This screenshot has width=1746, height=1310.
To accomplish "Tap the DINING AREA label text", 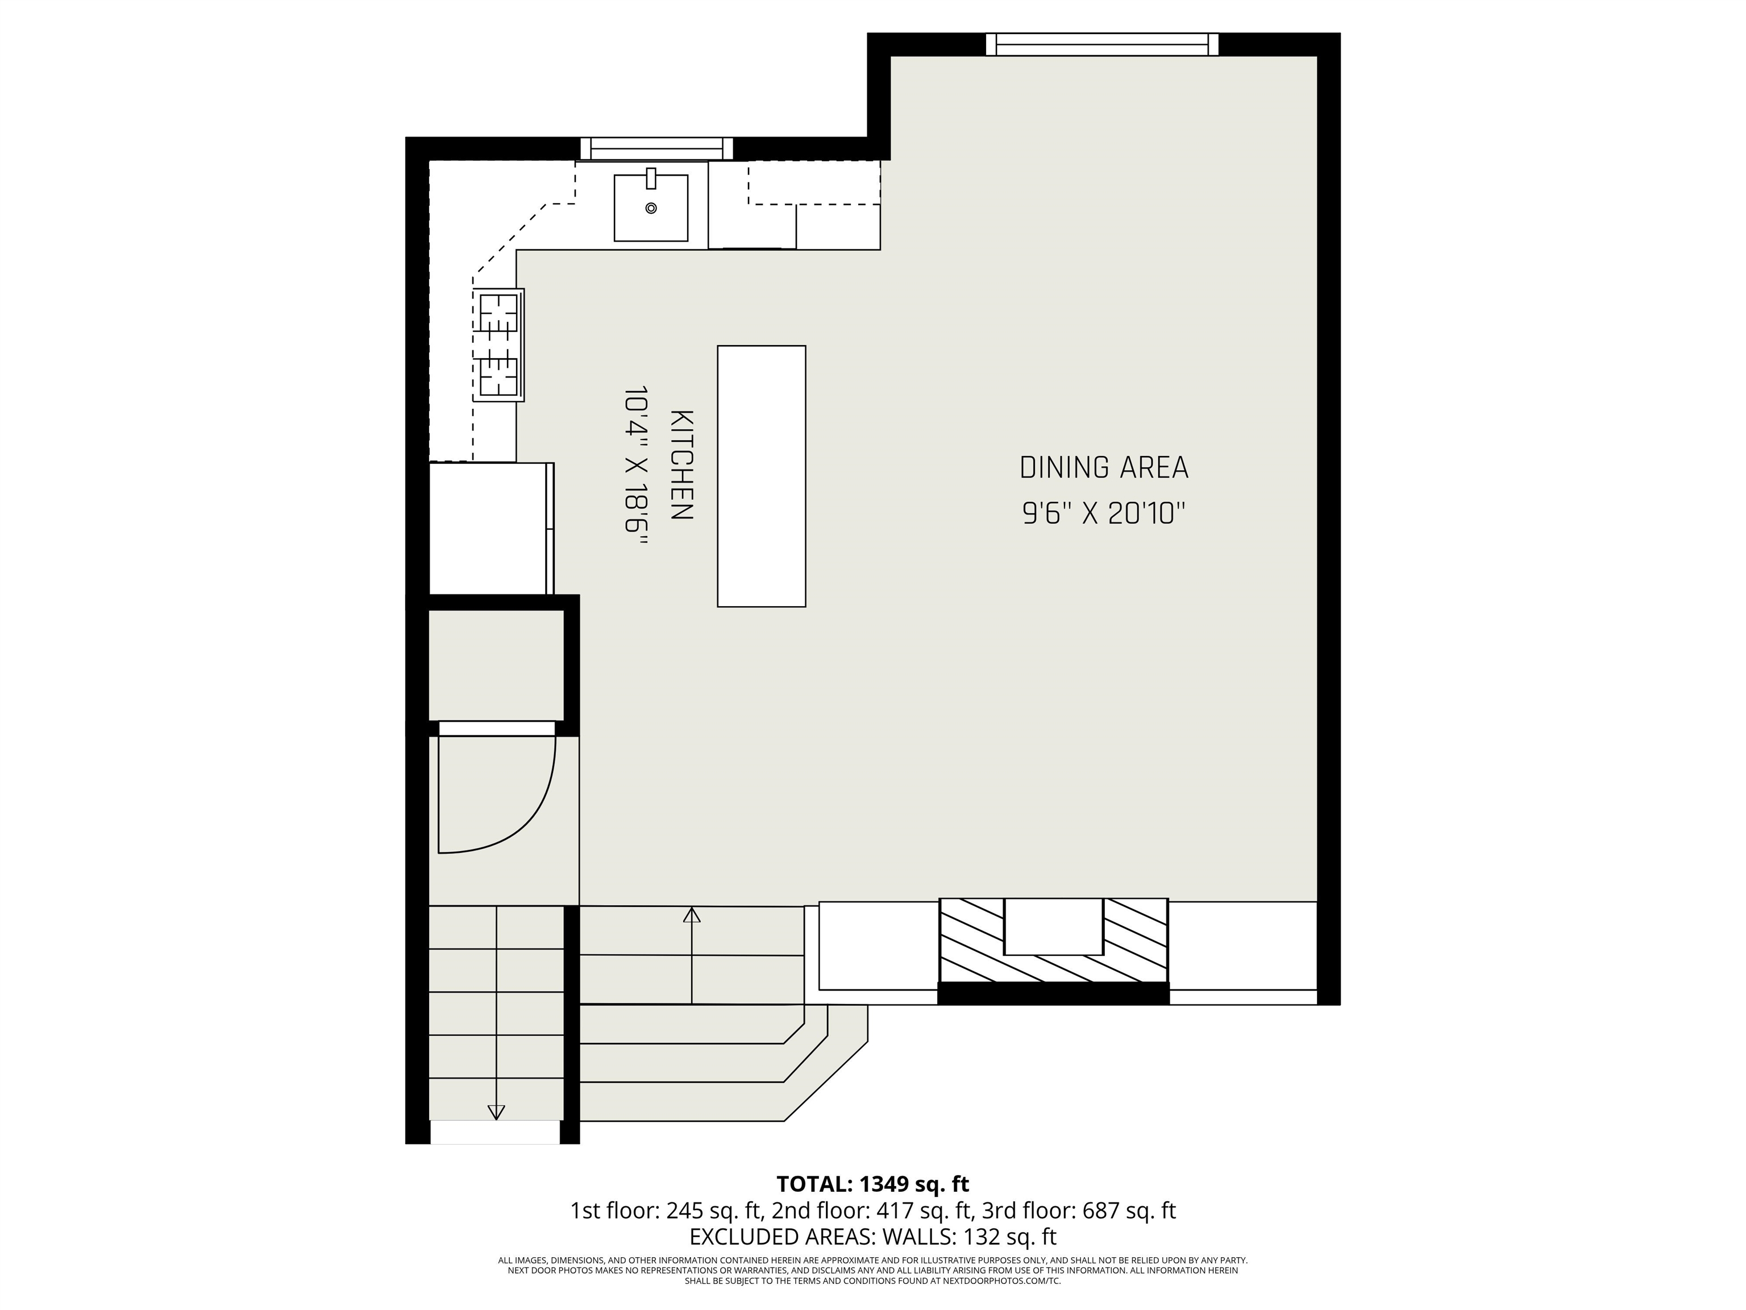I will pyautogui.click(x=1104, y=469).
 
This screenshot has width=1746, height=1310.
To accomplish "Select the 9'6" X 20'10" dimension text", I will pyautogui.click(x=1104, y=515).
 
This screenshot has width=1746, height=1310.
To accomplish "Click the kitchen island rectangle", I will pyautogui.click(x=761, y=476).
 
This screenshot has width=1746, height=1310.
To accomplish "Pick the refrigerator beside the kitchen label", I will pyautogui.click(x=489, y=528).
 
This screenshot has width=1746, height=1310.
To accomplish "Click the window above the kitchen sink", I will pyautogui.click(x=656, y=148).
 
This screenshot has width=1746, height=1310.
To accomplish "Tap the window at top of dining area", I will pyautogui.click(x=1102, y=44).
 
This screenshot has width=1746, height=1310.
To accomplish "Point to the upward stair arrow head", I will pyautogui.click(x=692, y=916).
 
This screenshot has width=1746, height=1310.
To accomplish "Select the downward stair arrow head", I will pyautogui.click(x=496, y=1112).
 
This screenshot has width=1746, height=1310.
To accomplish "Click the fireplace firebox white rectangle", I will pyautogui.click(x=1053, y=926).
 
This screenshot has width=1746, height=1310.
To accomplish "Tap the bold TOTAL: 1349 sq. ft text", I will pyautogui.click(x=872, y=1184).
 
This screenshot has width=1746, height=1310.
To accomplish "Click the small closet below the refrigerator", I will pyautogui.click(x=496, y=664).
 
